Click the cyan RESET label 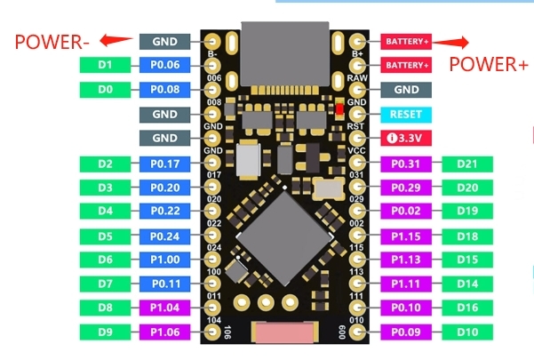[x=406, y=115]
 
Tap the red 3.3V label [x=406, y=139]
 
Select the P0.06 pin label [x=164, y=65]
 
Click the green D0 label [x=105, y=90]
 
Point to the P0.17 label [x=164, y=164]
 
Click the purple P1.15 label [x=406, y=236]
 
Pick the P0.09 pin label [x=406, y=332]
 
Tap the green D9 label [x=105, y=332]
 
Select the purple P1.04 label [x=164, y=308]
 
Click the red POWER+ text [x=488, y=64]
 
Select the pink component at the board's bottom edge [x=283, y=333]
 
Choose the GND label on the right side [x=406, y=90]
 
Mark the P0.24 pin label [x=164, y=236]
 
